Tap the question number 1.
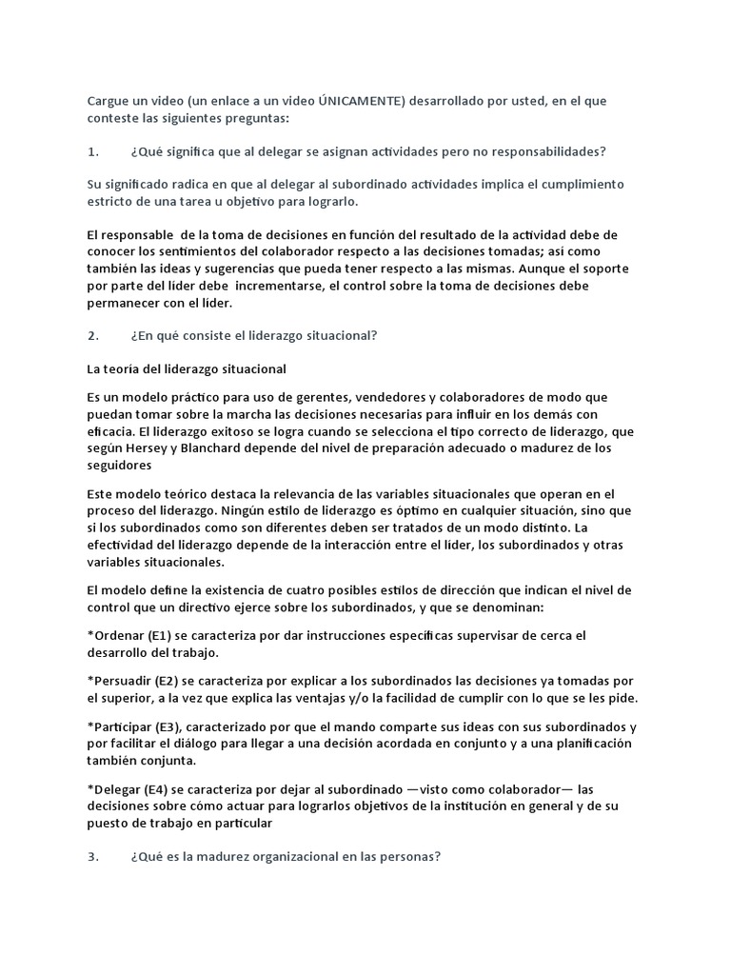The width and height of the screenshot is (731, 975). [x=92, y=151]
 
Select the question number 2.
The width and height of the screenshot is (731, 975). [x=92, y=335]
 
